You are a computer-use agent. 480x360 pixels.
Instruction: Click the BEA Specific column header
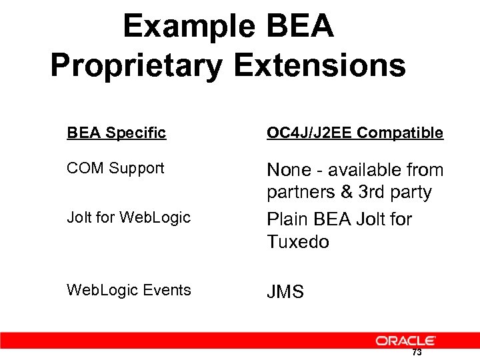[116, 133]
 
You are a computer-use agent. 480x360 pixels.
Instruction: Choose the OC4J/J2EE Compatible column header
[355, 133]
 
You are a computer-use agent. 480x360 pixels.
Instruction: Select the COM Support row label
[115, 168]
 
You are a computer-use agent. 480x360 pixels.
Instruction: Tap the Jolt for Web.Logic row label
[129, 217]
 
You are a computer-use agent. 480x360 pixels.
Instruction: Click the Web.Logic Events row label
[129, 290]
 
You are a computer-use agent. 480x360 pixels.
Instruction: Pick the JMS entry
[285, 292]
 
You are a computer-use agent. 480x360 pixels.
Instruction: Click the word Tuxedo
[298, 242]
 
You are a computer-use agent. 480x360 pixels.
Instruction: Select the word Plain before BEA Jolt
[288, 219]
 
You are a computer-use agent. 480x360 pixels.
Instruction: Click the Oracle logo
[405, 341]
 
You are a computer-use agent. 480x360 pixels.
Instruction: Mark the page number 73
[417, 353]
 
